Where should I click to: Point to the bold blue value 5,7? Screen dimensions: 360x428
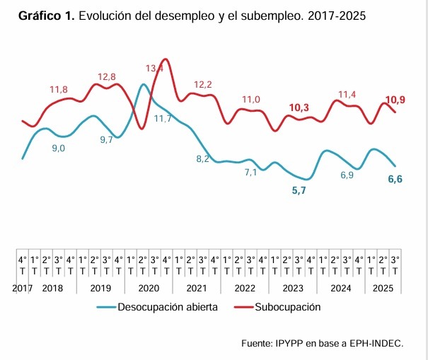click(x=299, y=191)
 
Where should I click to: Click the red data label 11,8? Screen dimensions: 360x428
click(x=59, y=90)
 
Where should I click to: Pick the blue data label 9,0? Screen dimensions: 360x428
click(x=59, y=149)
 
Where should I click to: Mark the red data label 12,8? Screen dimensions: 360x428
click(x=107, y=76)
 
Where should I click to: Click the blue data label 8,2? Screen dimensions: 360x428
click(x=202, y=158)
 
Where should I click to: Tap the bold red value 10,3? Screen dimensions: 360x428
click(x=299, y=108)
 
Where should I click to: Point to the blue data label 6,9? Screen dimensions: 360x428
click(x=347, y=175)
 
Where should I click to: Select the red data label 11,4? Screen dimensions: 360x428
click(x=347, y=94)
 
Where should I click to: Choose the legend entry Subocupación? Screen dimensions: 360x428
click(x=287, y=308)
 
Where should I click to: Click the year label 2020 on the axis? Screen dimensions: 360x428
click(x=149, y=289)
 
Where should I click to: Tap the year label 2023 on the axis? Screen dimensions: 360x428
click(x=293, y=289)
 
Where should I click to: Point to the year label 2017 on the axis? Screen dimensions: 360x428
click(x=23, y=289)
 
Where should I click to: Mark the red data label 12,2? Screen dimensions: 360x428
click(x=203, y=85)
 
